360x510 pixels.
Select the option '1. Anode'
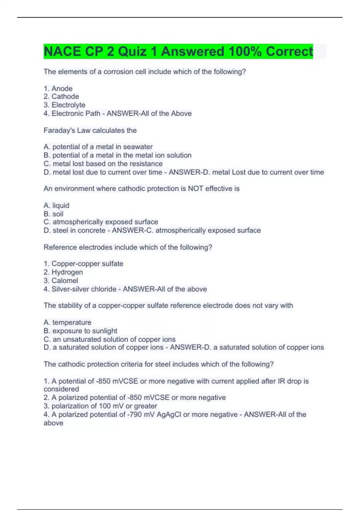click(x=58, y=88)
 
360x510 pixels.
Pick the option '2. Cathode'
click(x=61, y=97)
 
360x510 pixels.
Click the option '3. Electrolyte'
click(x=64, y=105)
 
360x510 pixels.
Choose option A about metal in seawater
click(x=98, y=147)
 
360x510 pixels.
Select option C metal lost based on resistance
click(x=103, y=164)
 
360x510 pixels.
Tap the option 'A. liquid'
click(x=56, y=205)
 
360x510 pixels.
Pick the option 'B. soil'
click(x=53, y=214)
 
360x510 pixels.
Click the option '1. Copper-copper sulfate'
click(x=83, y=264)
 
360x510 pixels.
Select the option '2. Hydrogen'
click(x=63, y=272)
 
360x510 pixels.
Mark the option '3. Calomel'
click(x=61, y=280)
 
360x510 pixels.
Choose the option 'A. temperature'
click(x=67, y=322)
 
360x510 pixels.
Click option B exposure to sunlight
click(x=80, y=331)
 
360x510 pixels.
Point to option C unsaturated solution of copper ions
click(x=109, y=339)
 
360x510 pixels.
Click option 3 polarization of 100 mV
click(x=100, y=406)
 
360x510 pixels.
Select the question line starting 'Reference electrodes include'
click(x=128, y=247)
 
